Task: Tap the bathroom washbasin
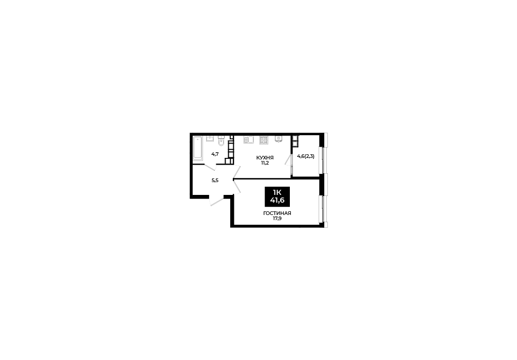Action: coord(210,138)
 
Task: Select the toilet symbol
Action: coord(221,140)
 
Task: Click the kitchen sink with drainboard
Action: coord(249,140)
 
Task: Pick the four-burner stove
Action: coord(264,140)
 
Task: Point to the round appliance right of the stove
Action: coord(278,139)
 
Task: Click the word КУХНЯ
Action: coord(265,158)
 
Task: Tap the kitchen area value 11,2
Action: coord(265,163)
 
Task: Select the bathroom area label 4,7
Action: coord(215,154)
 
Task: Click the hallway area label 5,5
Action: coord(215,180)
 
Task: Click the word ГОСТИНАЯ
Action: coord(277,213)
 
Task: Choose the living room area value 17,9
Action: coord(277,218)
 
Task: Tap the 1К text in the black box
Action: coord(277,192)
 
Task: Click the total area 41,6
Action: coord(277,200)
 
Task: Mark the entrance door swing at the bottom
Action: coord(217,201)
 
